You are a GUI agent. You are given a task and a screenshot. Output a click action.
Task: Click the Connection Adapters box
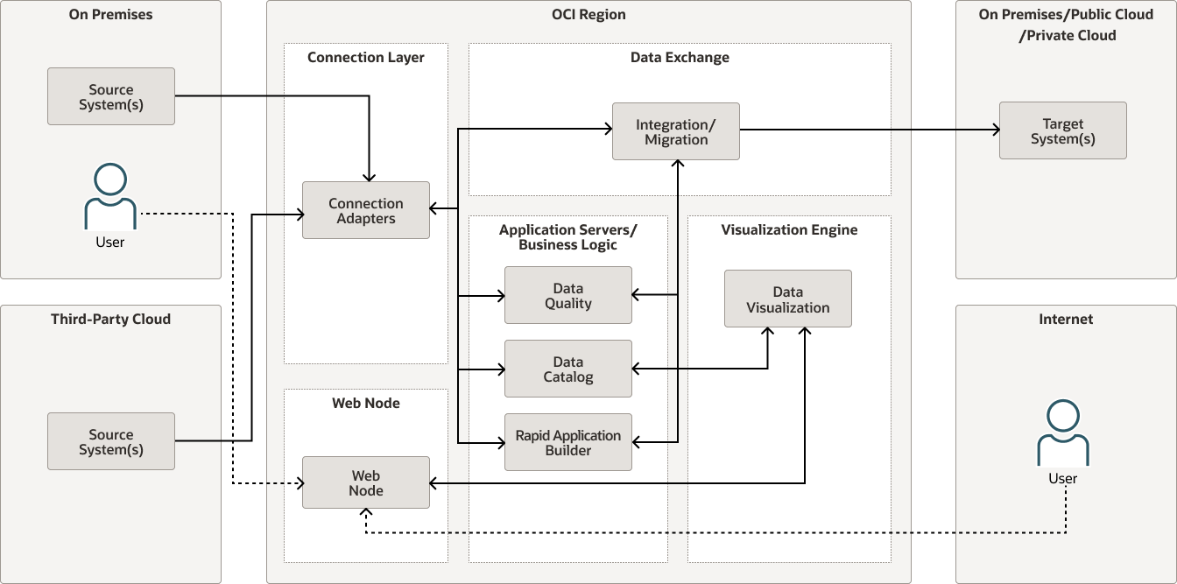tap(366, 210)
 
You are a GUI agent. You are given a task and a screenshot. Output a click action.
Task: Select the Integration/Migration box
tap(675, 131)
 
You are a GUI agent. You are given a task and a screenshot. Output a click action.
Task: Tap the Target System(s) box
tap(1062, 130)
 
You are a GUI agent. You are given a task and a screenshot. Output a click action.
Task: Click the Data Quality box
tap(567, 296)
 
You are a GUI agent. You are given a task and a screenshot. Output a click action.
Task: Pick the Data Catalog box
tap(567, 369)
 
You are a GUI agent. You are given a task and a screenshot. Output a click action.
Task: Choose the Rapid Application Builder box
tap(567, 442)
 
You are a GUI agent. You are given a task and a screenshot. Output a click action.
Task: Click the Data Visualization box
tap(787, 299)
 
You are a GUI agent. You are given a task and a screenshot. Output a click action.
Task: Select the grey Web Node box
tap(366, 482)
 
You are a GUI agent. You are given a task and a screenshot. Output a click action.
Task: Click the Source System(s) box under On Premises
tap(110, 96)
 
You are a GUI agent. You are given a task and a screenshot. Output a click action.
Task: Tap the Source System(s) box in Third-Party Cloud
tap(110, 441)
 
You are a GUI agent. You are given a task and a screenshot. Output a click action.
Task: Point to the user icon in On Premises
tap(110, 197)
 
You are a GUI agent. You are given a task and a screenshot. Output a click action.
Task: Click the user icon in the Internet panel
tap(1062, 434)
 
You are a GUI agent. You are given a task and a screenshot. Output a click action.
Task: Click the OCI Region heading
tap(588, 15)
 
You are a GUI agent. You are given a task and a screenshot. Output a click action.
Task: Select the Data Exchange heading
tap(680, 58)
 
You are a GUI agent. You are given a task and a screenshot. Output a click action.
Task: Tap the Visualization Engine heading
tap(789, 229)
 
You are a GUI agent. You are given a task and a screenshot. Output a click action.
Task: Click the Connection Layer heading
tap(365, 58)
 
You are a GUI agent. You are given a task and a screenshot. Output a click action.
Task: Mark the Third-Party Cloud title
tap(110, 319)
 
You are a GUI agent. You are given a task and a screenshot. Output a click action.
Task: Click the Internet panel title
tap(1065, 319)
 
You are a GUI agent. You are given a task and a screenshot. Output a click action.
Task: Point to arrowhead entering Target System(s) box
tap(995, 130)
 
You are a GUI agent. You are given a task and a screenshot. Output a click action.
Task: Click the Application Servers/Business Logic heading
tap(567, 237)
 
